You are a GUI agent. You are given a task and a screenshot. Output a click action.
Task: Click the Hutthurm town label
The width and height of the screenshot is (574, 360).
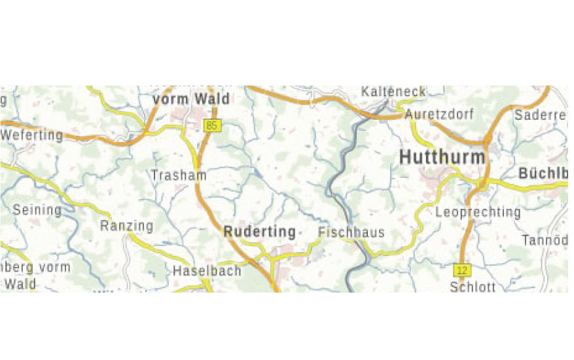(x=442, y=158)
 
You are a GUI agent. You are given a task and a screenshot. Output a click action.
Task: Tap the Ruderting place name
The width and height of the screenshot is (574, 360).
(x=259, y=232)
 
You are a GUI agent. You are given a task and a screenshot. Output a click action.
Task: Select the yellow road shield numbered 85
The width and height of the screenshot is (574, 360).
(x=211, y=126)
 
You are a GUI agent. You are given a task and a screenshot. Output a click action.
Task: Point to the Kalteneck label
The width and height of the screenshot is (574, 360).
(x=393, y=92)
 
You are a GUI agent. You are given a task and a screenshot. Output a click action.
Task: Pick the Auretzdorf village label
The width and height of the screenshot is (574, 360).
(x=439, y=115)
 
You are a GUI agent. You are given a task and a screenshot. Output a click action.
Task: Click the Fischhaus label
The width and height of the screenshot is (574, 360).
(x=351, y=232)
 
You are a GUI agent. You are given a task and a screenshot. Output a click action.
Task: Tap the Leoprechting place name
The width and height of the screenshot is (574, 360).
(x=478, y=212)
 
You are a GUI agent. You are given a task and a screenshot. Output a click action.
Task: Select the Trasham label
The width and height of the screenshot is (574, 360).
(x=179, y=175)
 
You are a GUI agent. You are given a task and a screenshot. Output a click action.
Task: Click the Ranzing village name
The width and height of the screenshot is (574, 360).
(x=126, y=226)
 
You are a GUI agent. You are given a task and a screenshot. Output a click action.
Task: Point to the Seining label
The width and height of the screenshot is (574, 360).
(x=37, y=211)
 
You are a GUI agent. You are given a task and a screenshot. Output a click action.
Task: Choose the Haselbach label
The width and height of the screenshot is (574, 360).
(x=207, y=270)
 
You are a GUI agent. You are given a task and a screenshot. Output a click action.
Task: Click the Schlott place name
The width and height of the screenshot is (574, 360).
(x=473, y=287)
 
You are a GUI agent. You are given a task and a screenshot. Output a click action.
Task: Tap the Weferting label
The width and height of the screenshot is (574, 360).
(x=33, y=135)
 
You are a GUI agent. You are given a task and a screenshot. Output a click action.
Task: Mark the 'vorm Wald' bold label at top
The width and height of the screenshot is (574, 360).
(x=191, y=99)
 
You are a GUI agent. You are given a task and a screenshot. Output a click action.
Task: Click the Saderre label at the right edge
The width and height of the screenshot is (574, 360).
(x=540, y=115)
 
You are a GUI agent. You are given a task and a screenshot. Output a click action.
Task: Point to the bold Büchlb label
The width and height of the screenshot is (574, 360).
(x=543, y=174)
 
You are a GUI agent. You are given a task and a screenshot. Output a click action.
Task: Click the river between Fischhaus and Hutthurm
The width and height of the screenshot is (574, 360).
(x=340, y=190)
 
